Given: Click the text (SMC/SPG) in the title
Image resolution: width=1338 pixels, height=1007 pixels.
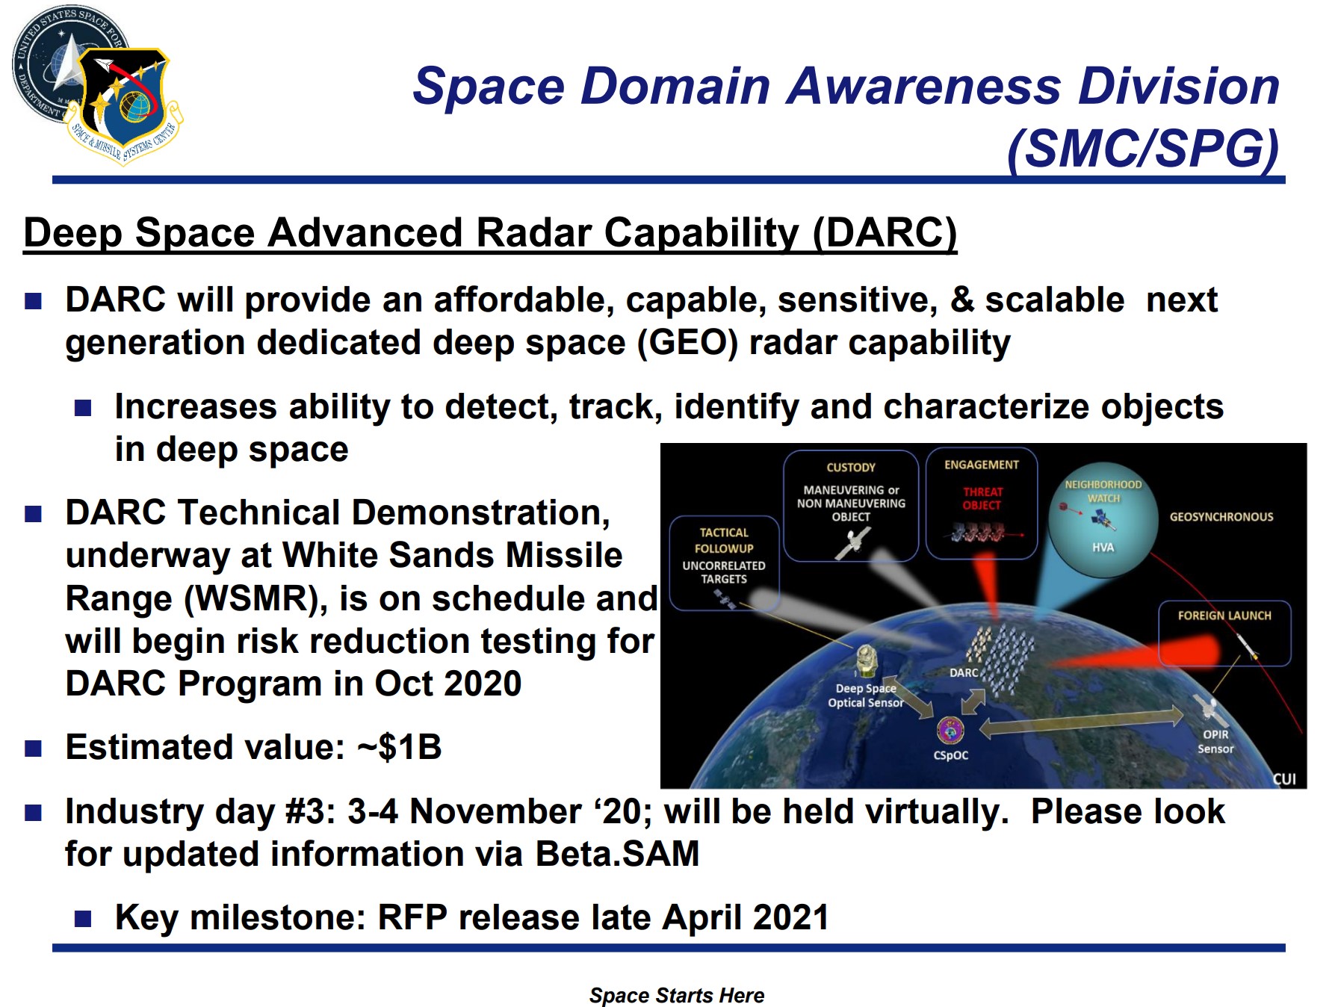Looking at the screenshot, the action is [x=1144, y=149].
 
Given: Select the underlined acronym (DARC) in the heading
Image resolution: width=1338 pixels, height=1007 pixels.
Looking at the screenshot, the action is [x=885, y=232].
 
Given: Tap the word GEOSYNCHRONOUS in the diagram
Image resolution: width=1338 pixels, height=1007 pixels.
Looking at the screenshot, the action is [x=1221, y=517].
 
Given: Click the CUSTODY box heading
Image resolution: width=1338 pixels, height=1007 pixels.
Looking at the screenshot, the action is [x=851, y=468].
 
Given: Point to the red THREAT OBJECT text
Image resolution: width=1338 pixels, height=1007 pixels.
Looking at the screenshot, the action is [x=982, y=498].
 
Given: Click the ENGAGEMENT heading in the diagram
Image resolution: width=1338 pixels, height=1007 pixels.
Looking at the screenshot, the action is [x=982, y=465].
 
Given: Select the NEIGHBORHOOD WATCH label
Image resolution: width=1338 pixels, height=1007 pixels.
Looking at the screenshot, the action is [x=1103, y=491].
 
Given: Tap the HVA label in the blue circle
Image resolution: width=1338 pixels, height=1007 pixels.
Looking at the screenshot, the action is [x=1103, y=548].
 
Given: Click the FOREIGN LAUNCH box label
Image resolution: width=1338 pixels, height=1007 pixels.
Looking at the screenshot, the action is [x=1224, y=616].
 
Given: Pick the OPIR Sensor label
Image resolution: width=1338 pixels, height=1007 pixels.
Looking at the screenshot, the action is [x=1215, y=742].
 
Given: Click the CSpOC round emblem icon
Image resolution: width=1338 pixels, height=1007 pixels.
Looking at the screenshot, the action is [x=950, y=731].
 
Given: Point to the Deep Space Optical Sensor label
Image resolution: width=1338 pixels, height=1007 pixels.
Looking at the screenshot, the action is [x=866, y=695].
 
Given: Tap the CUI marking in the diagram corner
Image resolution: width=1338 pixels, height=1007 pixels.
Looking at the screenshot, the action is [x=1284, y=779].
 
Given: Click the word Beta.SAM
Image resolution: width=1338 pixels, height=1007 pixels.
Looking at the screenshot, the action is [x=617, y=854].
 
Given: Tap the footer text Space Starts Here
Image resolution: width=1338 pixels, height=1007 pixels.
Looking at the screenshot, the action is [x=677, y=995].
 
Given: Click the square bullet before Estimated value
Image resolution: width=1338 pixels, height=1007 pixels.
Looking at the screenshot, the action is [x=34, y=749].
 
